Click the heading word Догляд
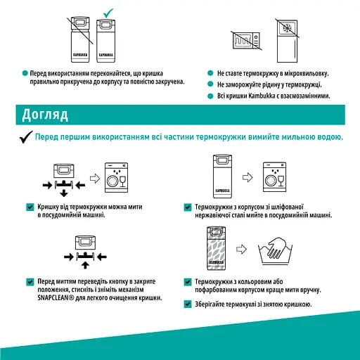click(45, 115)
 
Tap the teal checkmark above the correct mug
click(108, 13)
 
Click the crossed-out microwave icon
click(246, 41)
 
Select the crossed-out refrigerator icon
click(287, 41)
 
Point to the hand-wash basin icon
click(275, 251)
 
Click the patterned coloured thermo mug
click(216, 248)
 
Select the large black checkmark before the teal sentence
click(26, 137)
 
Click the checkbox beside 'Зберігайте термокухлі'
click(188, 304)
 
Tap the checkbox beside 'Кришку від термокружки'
click(30, 207)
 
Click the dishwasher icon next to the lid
click(116, 177)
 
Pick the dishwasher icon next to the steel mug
click(274, 177)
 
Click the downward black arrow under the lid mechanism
click(64, 193)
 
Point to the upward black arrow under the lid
click(85, 265)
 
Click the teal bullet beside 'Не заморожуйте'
click(210, 84)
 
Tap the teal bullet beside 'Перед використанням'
click(25, 73)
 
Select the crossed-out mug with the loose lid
click(80, 39)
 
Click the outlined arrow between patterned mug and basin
click(241, 249)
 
